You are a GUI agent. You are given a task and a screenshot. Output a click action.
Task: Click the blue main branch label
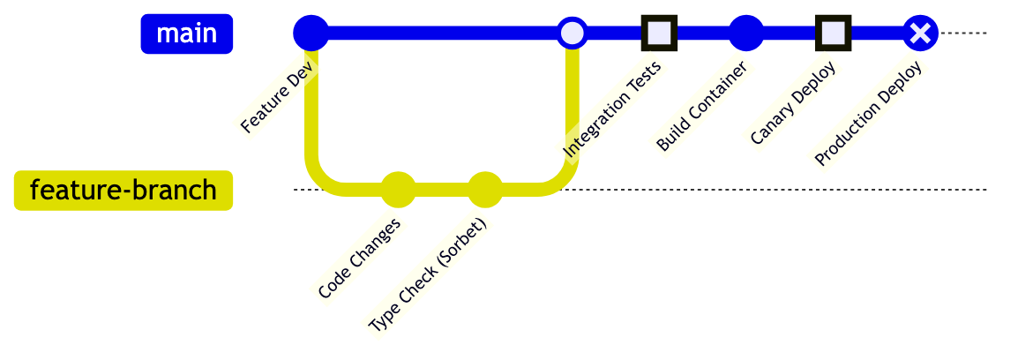click(x=186, y=34)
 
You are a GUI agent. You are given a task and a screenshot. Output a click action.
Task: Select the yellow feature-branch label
click(x=124, y=191)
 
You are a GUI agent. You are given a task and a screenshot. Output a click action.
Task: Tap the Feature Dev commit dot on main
click(x=311, y=34)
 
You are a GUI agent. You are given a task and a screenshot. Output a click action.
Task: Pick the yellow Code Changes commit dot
click(x=398, y=190)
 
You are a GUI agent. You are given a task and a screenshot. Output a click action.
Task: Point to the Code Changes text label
click(x=359, y=259)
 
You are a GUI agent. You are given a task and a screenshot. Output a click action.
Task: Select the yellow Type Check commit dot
click(x=485, y=190)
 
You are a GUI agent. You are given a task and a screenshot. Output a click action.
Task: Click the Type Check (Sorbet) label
click(x=427, y=275)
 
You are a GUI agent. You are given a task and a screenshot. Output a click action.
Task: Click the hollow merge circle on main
click(x=573, y=34)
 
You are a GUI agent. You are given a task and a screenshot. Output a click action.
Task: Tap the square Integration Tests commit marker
click(x=659, y=34)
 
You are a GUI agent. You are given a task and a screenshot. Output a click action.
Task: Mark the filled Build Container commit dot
click(x=745, y=34)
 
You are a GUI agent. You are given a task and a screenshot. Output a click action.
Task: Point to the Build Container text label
click(x=702, y=108)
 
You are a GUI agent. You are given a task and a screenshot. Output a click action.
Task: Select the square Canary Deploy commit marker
click(x=833, y=34)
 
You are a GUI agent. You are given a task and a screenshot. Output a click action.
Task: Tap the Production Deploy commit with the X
click(x=920, y=34)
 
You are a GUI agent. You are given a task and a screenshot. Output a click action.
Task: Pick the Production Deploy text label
click(x=868, y=115)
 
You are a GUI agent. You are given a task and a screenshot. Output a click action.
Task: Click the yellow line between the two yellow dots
click(x=441, y=190)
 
